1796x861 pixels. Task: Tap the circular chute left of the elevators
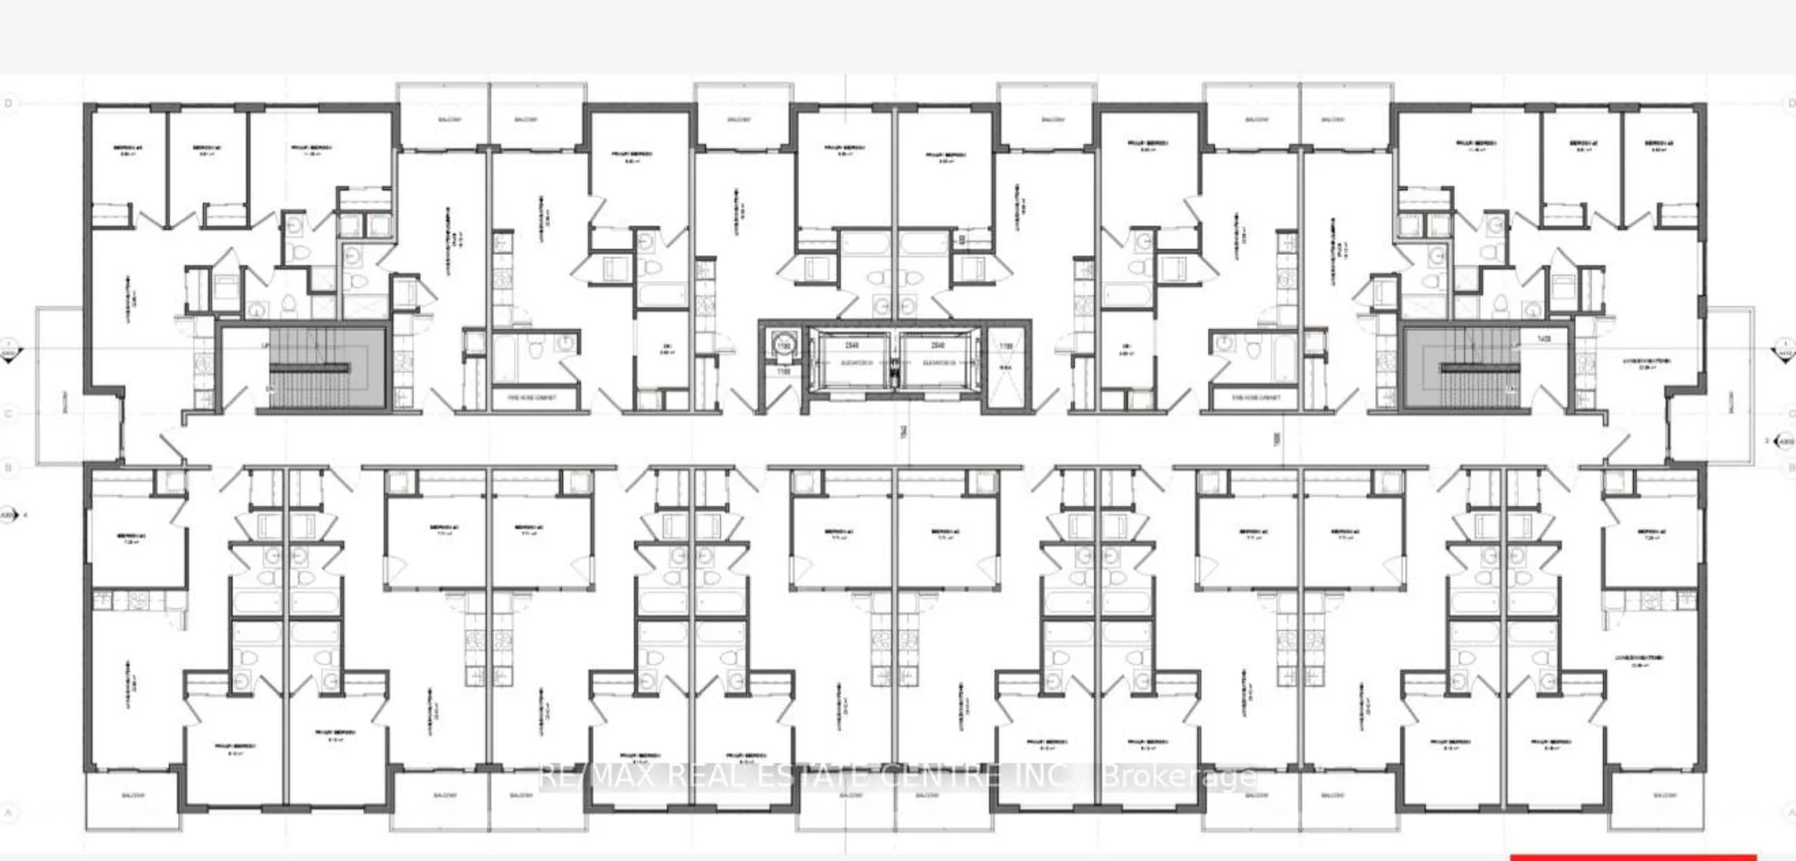[782, 346]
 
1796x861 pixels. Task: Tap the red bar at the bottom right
[1632, 856]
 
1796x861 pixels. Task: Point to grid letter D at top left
[10, 103]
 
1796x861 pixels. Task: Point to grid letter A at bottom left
[10, 813]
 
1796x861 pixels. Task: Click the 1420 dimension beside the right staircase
[1543, 339]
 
